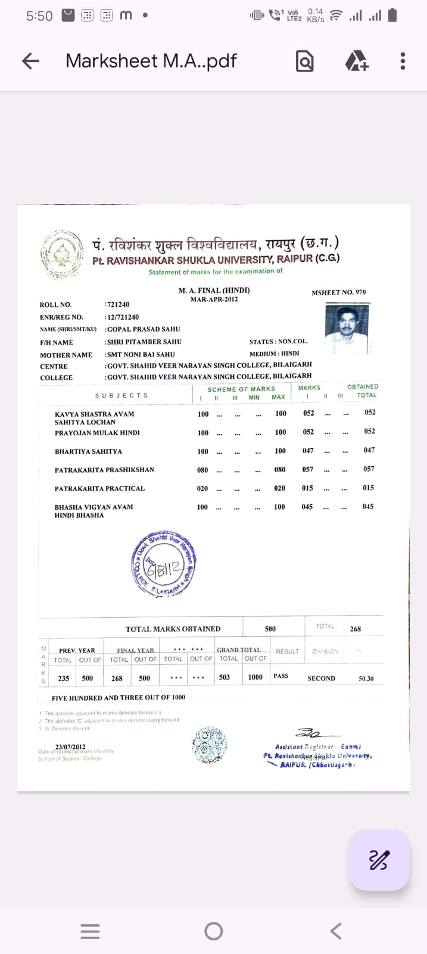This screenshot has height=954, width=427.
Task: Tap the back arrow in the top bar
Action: point(30,61)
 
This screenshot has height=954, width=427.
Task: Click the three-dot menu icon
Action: point(403,61)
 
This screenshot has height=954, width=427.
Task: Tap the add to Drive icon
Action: point(356,61)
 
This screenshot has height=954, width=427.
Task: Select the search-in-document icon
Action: point(304,61)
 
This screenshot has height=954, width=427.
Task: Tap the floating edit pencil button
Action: point(379,860)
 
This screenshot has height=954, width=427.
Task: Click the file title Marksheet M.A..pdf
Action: point(151,61)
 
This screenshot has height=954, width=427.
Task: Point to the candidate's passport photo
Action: point(347,328)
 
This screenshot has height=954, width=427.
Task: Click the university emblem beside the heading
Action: point(61,255)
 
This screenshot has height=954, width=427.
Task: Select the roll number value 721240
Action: point(118,305)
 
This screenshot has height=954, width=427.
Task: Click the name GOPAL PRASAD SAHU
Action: point(143,329)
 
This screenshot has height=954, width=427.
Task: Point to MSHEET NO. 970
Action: point(338,292)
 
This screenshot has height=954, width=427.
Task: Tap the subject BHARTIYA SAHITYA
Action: point(88,451)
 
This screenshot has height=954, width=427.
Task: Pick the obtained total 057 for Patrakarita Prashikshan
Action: point(369,469)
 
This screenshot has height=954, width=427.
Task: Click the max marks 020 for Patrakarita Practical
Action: point(279,488)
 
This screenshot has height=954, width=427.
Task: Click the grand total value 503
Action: point(225,677)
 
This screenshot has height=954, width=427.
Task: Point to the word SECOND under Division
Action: point(321,679)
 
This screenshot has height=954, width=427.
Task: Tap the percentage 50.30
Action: point(366,679)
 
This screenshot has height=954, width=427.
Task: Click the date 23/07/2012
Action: point(70,747)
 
